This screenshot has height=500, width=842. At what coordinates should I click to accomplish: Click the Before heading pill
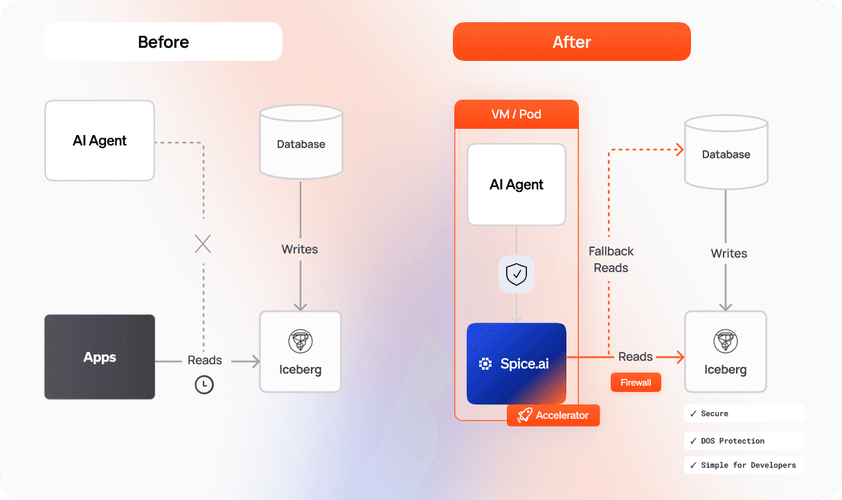click(163, 42)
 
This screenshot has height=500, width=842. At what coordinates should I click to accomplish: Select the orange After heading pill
click(571, 42)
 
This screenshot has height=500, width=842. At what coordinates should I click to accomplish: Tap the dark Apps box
click(100, 357)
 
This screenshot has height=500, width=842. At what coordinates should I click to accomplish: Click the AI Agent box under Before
click(100, 141)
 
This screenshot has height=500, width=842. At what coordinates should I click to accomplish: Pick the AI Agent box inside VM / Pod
click(517, 184)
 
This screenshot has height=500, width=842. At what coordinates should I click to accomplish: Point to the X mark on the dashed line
click(203, 244)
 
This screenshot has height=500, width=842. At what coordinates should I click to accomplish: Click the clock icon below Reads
click(204, 385)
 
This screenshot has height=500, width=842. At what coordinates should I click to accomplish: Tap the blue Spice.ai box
click(517, 364)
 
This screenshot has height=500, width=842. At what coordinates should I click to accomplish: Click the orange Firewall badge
click(636, 382)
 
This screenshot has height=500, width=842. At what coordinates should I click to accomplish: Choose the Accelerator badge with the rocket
click(553, 416)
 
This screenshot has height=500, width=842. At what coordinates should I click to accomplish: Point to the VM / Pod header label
click(517, 114)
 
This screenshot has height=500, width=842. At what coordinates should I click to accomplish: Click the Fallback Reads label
click(611, 260)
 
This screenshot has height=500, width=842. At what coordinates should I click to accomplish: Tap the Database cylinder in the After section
click(726, 154)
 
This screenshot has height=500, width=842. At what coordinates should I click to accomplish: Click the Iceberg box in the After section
click(726, 352)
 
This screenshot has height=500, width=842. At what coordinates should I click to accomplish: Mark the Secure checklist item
click(744, 413)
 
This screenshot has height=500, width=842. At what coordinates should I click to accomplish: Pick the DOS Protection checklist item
click(744, 440)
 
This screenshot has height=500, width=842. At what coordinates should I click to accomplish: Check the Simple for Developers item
click(744, 465)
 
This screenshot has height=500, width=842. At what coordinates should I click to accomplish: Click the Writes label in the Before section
click(300, 249)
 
